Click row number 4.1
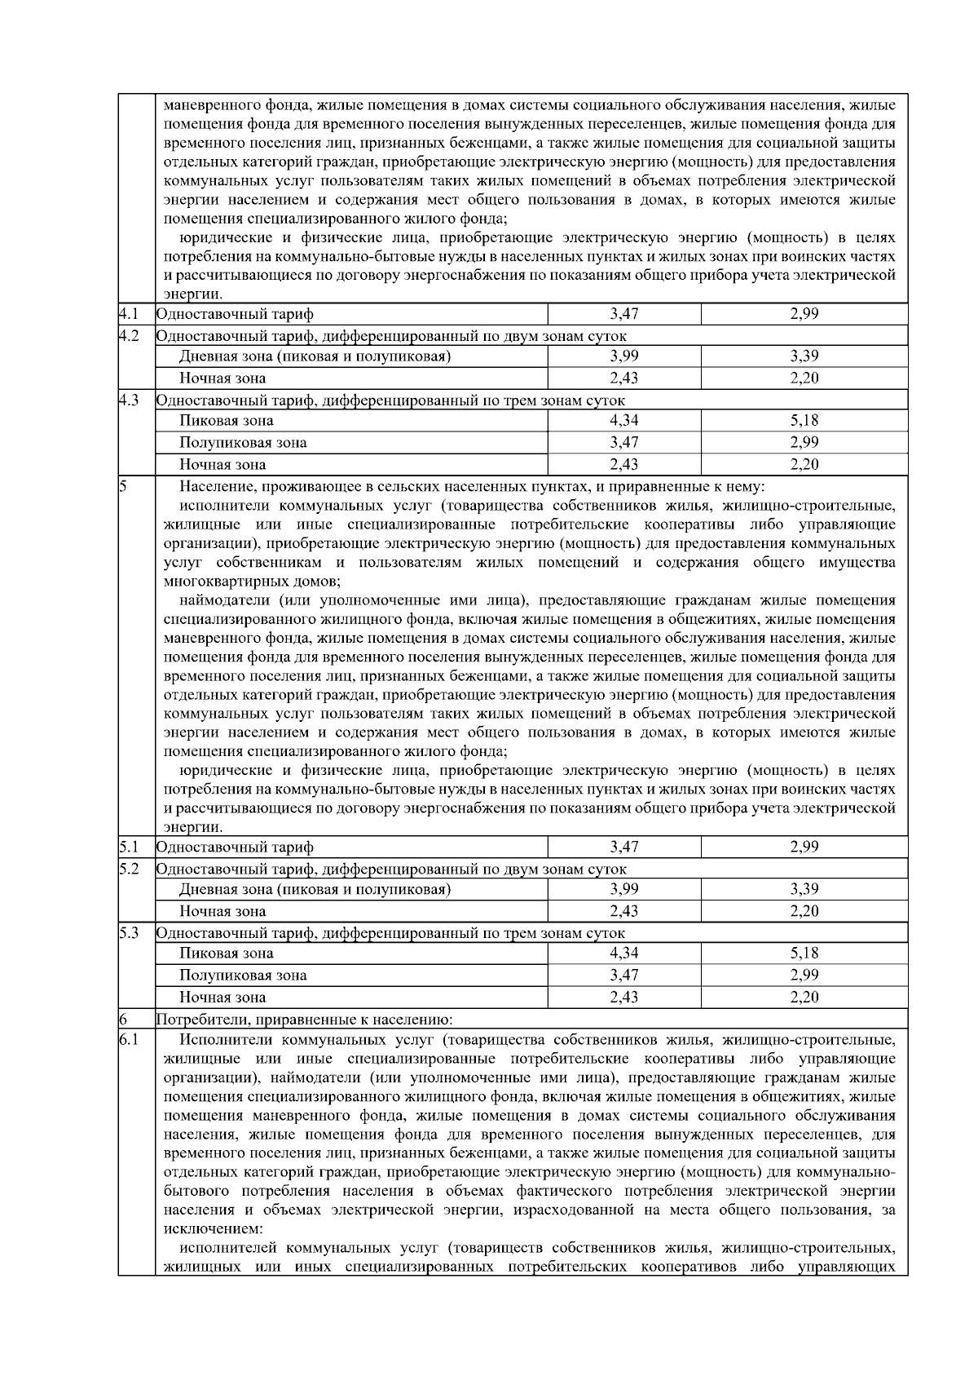129,314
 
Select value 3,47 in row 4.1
623,314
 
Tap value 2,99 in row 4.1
804,314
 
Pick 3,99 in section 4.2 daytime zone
623,356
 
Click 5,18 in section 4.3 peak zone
804,421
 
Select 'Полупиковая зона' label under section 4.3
243,443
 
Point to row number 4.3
129,400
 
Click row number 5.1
129,847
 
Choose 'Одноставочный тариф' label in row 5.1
235,847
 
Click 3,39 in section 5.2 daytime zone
804,889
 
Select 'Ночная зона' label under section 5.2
222,911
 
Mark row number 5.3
129,933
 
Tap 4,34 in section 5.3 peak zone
623,954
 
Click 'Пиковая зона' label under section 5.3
227,954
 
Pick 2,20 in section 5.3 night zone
804,997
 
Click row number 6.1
129,1040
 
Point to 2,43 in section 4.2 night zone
623,378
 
